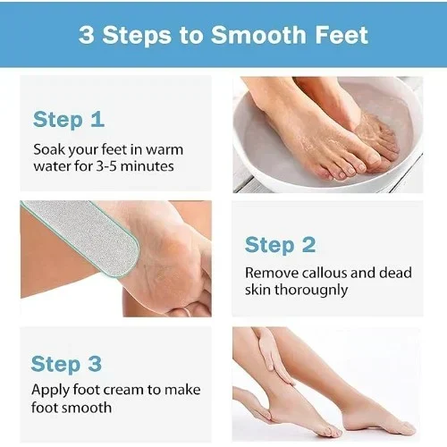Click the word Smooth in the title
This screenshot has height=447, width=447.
pos(258,35)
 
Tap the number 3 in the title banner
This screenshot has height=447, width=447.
pos(87,35)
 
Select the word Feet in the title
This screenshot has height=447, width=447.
pos(342,35)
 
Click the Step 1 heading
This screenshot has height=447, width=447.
pos(69,120)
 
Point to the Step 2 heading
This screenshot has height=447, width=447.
pos(280,245)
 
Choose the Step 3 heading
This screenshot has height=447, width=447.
pos(66,364)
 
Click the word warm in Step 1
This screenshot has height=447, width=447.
pos(164,149)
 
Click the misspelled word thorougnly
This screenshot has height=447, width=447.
pos(311,290)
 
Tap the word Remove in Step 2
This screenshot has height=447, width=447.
pos(272,273)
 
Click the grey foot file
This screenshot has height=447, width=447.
pos(80,234)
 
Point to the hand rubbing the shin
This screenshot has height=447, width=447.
pos(273,358)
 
